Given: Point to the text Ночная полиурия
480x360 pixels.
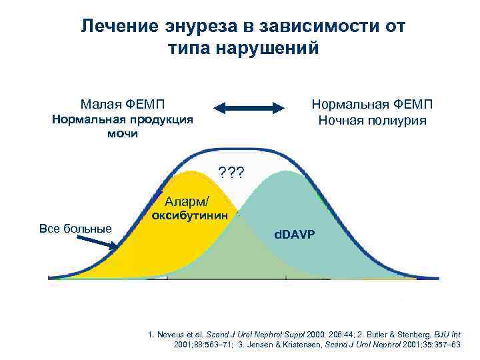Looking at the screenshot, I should pos(372,121).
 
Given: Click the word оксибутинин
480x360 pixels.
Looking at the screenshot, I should pos(190,216).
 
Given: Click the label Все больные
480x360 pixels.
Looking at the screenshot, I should pos(75,229).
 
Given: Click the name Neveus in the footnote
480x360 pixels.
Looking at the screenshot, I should pos(178,333).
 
